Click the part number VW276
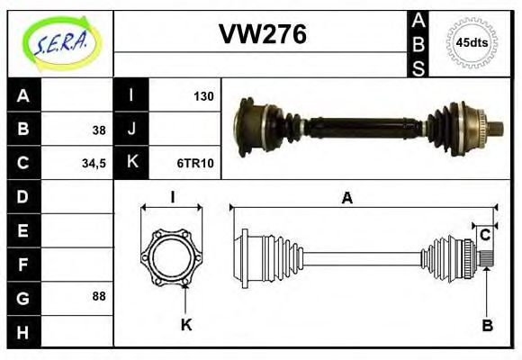coord(262,34)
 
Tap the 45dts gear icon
coord(472,42)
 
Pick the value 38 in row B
coord(98,130)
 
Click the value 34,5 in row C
coord(94,163)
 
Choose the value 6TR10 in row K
coord(194,163)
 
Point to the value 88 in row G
coord(98,296)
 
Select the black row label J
coord(131,130)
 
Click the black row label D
coord(23,196)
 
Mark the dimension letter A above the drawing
coord(346,199)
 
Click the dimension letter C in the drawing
coord(485,235)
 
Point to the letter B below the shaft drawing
coord(487,325)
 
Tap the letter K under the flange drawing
coord(186,325)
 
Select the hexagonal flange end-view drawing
coord(172,256)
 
